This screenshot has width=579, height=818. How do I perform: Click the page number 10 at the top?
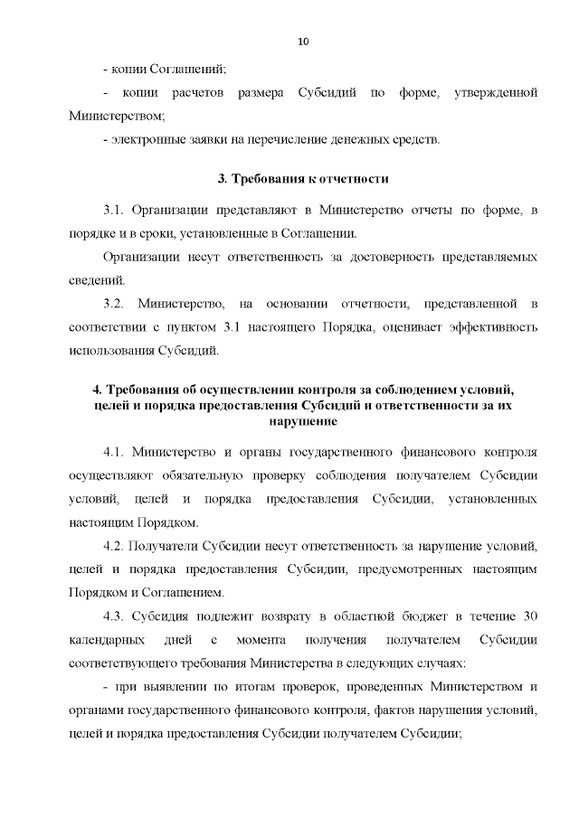[303, 42]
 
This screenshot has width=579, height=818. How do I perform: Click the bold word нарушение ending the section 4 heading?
[303, 421]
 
